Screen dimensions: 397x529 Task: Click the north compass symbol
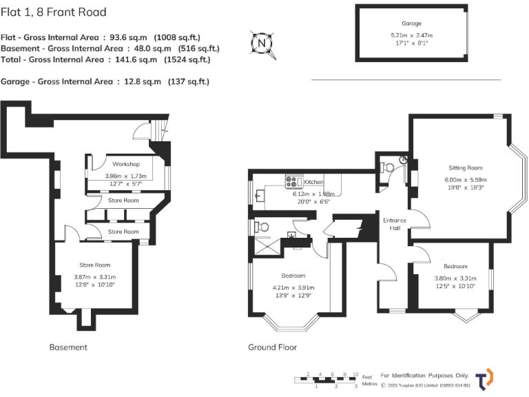coord(261,43)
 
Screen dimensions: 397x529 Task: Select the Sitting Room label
coord(466,167)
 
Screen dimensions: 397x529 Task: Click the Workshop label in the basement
coord(126,164)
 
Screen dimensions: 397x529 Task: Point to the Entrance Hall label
coord(395,224)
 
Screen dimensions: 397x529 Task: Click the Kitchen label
coord(313,182)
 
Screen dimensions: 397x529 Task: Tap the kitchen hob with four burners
coord(293,182)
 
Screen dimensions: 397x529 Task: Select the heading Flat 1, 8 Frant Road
coord(53,12)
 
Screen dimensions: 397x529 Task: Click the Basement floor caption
coord(68,347)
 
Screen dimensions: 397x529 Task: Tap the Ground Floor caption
coord(272,347)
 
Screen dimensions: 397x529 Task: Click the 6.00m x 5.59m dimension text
coord(466,181)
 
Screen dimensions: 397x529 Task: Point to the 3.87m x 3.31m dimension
coord(94,277)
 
